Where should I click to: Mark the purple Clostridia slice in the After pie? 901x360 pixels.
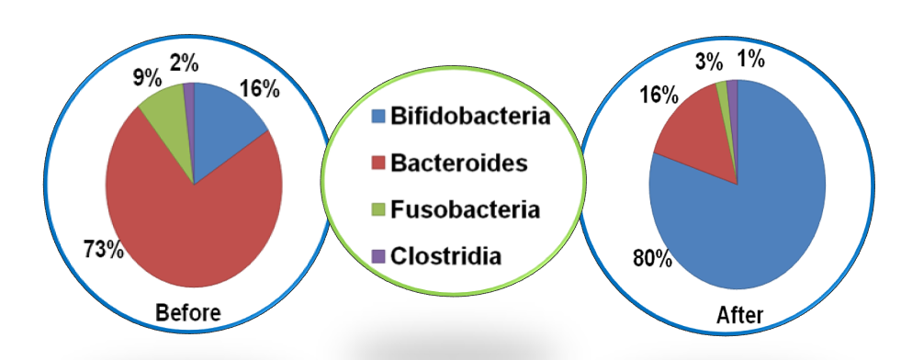pyautogui.click(x=733, y=92)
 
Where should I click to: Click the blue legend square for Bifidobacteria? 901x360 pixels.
pyautogui.click(x=377, y=117)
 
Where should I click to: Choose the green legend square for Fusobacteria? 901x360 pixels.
pyautogui.click(x=377, y=210)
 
